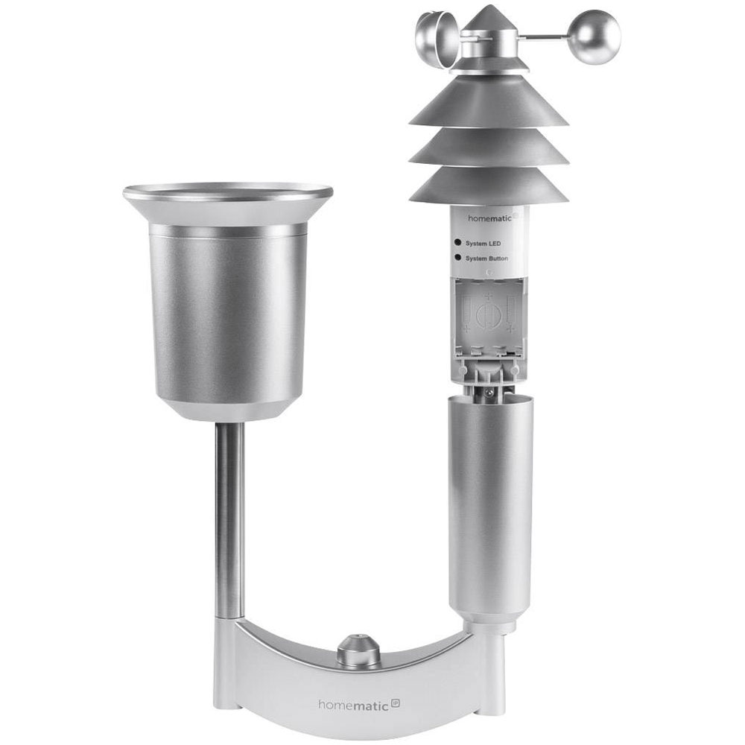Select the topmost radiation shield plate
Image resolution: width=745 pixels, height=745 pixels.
pyautogui.click(x=489, y=99)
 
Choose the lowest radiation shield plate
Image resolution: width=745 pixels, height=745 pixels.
pyautogui.click(x=489, y=186)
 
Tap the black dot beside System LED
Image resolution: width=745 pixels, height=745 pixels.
pyautogui.click(x=457, y=242)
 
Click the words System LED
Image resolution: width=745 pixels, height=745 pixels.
pyautogui.click(x=484, y=244)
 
